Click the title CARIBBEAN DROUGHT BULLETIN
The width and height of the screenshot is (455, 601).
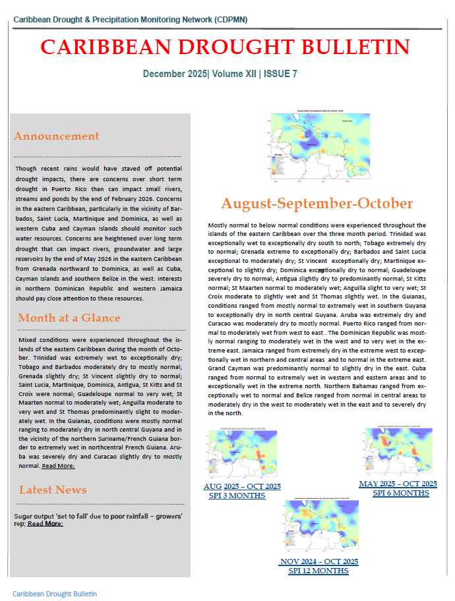(x=225, y=47)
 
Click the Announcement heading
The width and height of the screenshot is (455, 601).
(x=56, y=136)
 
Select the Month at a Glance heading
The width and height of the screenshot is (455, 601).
(x=69, y=318)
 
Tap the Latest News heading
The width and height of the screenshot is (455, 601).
(x=53, y=490)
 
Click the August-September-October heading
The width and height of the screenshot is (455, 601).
(x=317, y=203)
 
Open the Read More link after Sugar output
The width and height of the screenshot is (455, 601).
(x=45, y=524)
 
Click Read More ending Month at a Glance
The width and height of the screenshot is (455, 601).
(x=58, y=466)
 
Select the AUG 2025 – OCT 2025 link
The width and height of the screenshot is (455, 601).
(x=242, y=486)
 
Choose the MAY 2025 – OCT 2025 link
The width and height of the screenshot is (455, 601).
(x=398, y=484)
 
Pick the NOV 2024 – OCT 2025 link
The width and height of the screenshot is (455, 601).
(x=319, y=561)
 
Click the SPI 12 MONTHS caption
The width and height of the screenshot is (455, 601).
(x=318, y=571)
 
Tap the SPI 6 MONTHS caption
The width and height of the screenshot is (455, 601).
(x=401, y=493)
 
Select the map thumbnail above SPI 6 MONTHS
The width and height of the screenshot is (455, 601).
(x=398, y=451)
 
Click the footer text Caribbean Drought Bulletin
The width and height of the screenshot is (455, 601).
(x=55, y=594)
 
